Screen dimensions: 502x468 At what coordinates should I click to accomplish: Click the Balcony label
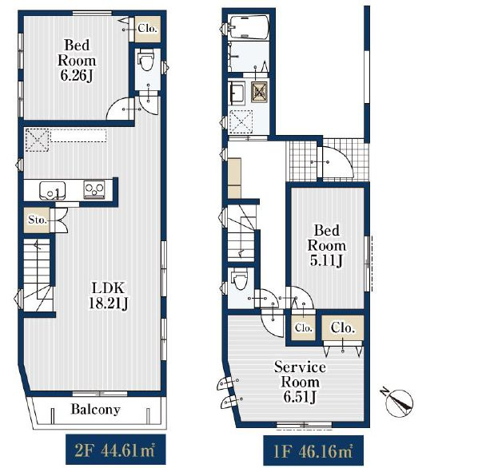click(x=95, y=409)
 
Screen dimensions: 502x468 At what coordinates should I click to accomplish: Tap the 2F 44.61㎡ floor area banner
click(x=116, y=449)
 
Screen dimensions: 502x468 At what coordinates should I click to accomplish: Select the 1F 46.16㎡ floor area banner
click(x=313, y=450)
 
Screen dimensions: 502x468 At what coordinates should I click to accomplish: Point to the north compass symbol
click(x=398, y=402)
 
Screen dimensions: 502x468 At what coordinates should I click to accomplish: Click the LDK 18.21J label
click(x=108, y=295)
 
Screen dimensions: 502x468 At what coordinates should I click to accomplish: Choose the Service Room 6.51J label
click(x=300, y=383)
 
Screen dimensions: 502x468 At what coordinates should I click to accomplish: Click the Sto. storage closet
click(x=37, y=220)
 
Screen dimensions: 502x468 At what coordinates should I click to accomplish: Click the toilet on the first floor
click(x=240, y=279)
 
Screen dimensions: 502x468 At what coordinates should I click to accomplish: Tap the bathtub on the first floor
click(x=249, y=27)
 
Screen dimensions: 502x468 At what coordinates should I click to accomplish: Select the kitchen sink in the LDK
click(x=52, y=191)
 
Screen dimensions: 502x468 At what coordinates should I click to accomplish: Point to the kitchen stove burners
click(x=94, y=190)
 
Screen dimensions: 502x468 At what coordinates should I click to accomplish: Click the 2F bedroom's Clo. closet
click(x=147, y=29)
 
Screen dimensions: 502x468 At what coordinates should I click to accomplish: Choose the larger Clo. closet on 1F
click(x=343, y=328)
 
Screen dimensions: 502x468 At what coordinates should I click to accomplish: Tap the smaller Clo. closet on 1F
click(x=303, y=328)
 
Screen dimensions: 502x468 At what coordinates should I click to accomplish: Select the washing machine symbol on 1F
click(x=259, y=92)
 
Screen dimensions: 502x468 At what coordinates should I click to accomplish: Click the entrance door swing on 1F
click(x=337, y=161)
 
